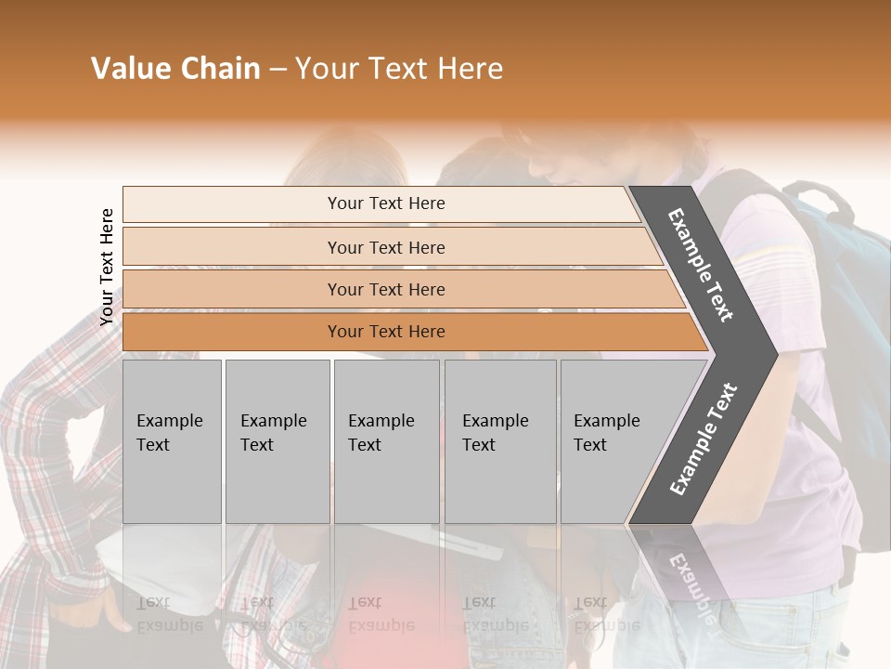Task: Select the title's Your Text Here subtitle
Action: click(x=398, y=69)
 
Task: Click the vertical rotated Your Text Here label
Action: click(x=107, y=268)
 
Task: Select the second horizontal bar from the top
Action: click(x=386, y=247)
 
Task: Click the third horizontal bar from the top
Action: click(x=386, y=289)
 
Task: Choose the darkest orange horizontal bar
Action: click(x=386, y=332)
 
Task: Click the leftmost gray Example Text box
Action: click(x=172, y=441)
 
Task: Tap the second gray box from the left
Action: click(x=277, y=441)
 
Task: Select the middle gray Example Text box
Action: click(x=386, y=441)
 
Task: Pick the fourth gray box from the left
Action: click(x=499, y=441)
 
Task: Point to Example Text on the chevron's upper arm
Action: click(x=702, y=264)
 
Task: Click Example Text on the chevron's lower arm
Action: click(x=704, y=439)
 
